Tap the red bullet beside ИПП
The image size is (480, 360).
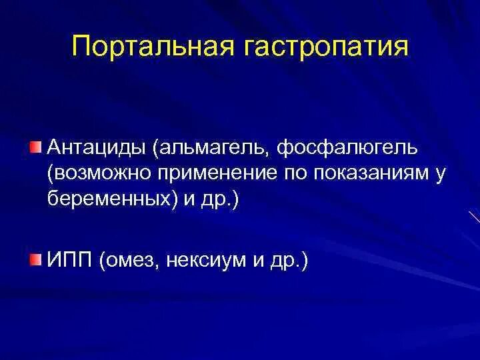pyautogui.click(x=35, y=257)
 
